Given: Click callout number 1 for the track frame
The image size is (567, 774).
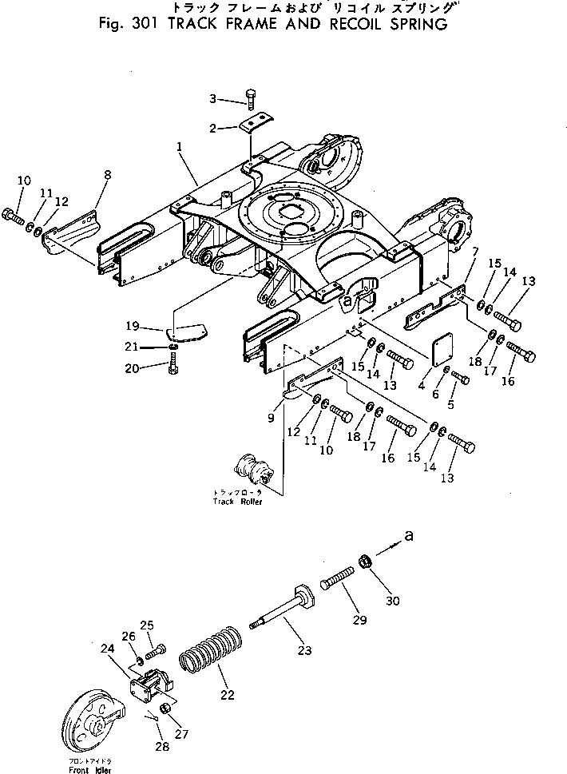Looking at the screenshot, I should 180,147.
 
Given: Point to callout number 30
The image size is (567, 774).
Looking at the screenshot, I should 392,601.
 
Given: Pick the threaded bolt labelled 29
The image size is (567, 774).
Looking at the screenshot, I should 339,578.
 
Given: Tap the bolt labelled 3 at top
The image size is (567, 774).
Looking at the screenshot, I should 249,99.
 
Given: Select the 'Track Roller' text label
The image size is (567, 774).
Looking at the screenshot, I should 237,502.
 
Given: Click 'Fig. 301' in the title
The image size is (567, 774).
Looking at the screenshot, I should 124,23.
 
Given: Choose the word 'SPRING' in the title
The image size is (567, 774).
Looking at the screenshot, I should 412,23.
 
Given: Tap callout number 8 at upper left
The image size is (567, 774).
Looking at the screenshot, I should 107,174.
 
